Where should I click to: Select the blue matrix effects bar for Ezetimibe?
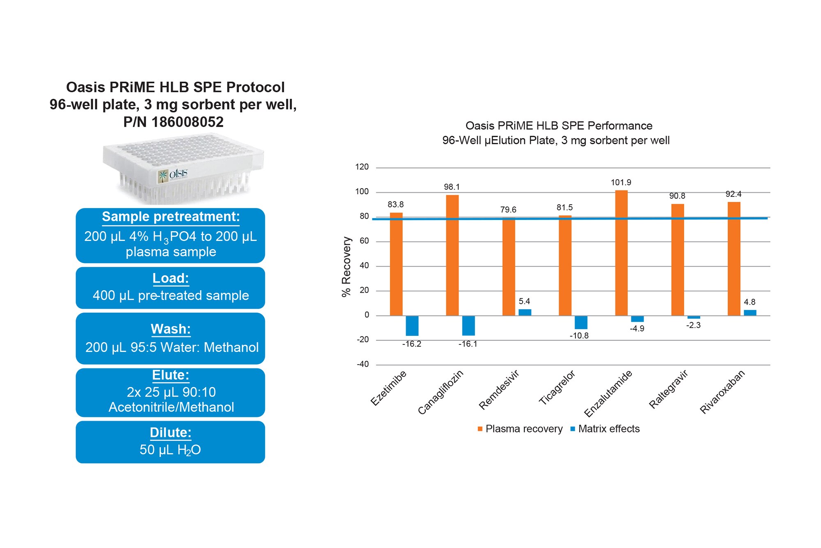(x=412, y=326)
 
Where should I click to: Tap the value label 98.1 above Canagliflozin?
(x=452, y=187)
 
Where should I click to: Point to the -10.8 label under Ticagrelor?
(x=579, y=336)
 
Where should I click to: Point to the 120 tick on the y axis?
(x=362, y=167)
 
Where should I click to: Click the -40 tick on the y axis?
(x=362, y=364)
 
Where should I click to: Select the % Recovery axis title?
(x=346, y=266)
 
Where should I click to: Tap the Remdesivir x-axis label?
(x=499, y=390)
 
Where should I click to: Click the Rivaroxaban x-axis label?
(x=722, y=392)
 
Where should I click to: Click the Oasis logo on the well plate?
(x=173, y=175)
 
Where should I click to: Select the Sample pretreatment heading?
(x=171, y=217)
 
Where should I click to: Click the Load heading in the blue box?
(x=170, y=278)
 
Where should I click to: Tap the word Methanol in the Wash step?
(x=231, y=347)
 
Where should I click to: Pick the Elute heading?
(x=170, y=375)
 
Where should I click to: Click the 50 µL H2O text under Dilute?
(x=170, y=450)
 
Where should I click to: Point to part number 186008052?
(x=187, y=122)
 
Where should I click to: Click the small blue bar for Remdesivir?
(x=525, y=312)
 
